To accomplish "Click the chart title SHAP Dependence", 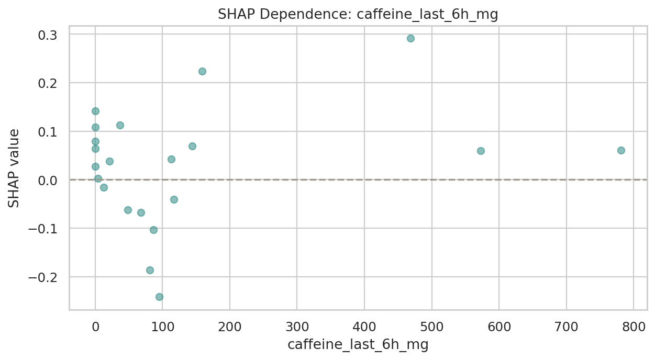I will coord(358,15).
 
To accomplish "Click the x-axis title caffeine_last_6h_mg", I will coord(358,345).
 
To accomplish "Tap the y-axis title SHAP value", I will coord(14,168).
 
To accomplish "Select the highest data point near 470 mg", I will coord(410,38).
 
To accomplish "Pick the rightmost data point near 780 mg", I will coord(621,150).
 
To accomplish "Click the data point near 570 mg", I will coord(481,151).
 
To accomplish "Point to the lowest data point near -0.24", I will coord(159,297).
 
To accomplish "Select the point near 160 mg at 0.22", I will coord(202,71).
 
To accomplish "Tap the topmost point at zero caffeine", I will coord(95,111).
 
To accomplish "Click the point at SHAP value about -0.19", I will coord(150,270).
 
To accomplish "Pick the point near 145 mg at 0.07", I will coord(192,146).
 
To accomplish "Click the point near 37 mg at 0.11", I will coord(120,125).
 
